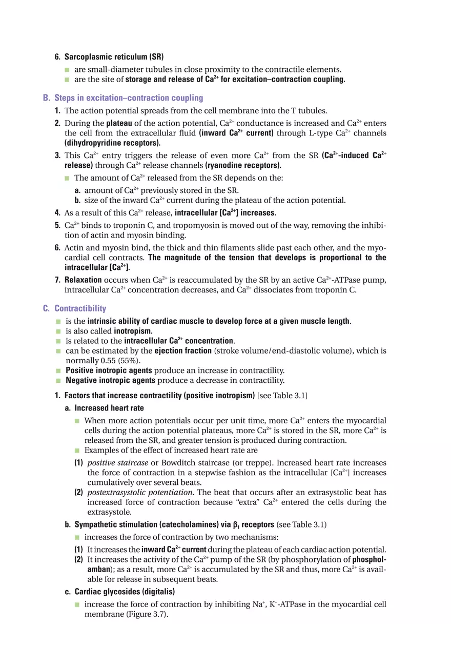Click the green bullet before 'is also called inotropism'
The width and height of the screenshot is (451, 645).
click(x=58, y=331)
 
